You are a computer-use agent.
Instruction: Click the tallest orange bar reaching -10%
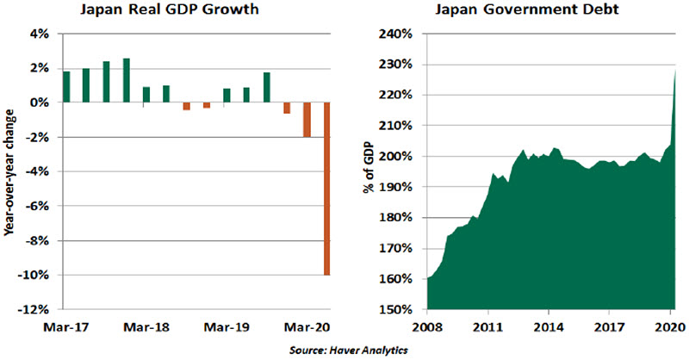[327, 189]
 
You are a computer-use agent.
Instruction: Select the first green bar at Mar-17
[66, 87]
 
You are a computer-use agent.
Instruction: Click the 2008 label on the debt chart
[427, 327]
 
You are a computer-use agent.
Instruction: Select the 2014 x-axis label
[549, 327]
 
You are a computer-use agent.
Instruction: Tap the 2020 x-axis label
[668, 327]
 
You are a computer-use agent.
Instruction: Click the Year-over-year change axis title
[10, 171]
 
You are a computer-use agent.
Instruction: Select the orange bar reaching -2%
[307, 120]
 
